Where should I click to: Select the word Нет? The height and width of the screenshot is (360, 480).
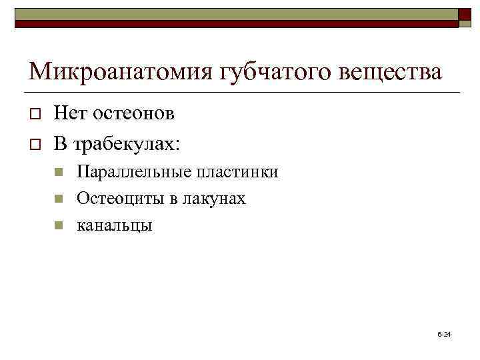(68, 113)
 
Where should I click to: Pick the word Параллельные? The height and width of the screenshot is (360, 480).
(134, 172)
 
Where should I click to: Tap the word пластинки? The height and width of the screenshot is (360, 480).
(237, 172)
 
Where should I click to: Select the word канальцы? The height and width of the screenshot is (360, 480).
(115, 225)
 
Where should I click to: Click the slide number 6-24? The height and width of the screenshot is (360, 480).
(444, 333)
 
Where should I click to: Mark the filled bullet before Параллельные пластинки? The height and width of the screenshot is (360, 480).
(59, 173)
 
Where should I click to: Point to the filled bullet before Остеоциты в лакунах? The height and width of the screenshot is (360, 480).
(59, 199)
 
